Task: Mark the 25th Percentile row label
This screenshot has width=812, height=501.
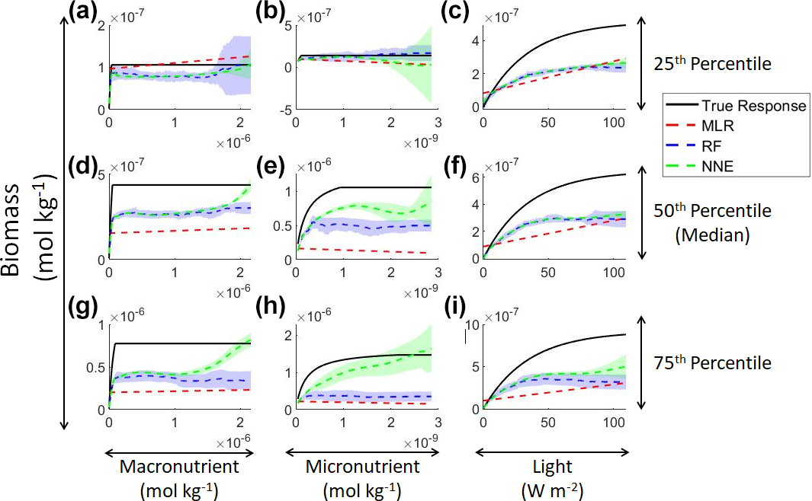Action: (713, 65)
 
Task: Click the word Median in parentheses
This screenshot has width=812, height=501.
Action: (714, 236)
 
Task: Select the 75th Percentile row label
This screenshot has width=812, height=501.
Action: (713, 363)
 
